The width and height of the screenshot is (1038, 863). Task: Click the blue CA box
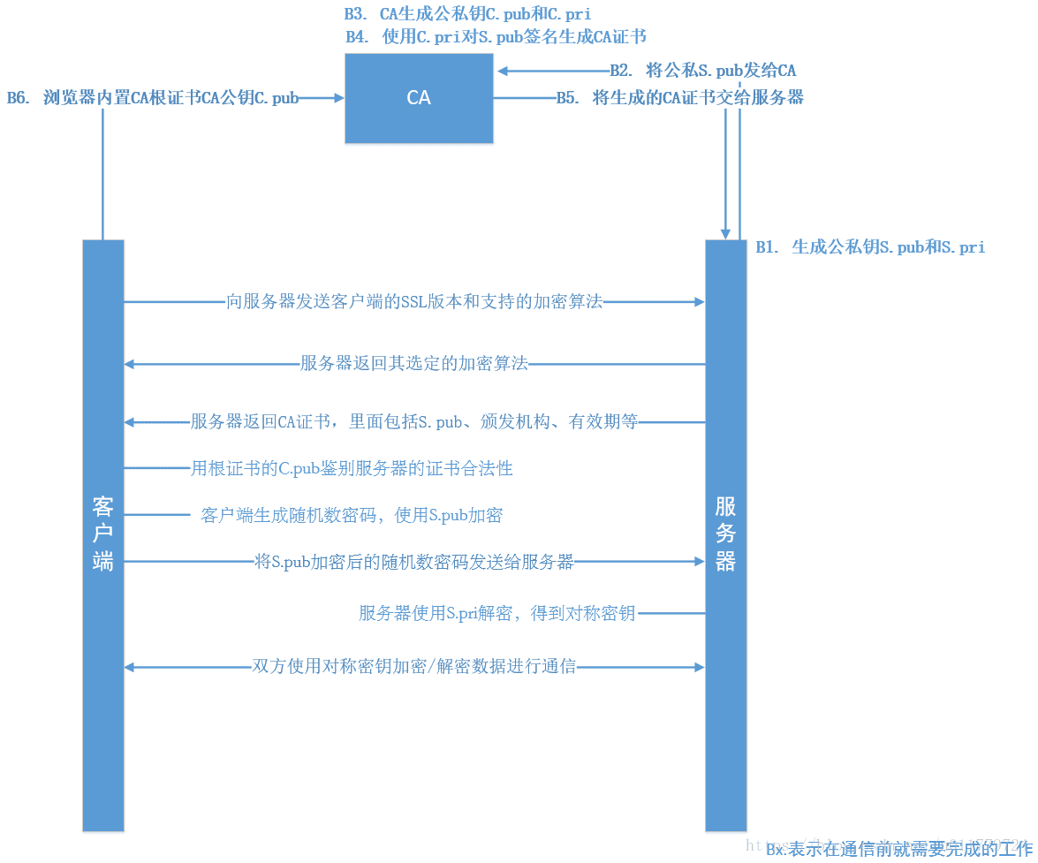419,98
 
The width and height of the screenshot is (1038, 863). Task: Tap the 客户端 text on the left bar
103,534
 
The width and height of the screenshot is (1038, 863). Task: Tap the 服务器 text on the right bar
725,534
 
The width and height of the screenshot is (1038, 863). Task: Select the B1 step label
870,248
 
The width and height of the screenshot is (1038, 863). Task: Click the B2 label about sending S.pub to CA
703,72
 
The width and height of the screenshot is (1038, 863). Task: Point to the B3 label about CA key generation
468,14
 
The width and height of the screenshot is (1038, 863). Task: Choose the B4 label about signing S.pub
496,37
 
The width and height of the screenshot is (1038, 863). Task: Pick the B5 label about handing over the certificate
679,98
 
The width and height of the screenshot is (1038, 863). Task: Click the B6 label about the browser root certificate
153,98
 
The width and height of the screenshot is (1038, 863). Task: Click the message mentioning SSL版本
414,302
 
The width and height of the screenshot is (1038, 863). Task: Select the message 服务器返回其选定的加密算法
414,363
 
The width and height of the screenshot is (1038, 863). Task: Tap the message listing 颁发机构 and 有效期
414,422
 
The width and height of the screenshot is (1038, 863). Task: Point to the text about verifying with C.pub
352,468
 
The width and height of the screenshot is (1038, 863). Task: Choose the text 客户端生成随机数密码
352,515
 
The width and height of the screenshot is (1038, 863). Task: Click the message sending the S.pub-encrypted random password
414,561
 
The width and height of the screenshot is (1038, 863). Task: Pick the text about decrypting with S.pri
496,613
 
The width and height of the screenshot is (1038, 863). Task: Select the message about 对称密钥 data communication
414,667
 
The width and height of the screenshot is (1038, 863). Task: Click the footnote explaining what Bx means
898,850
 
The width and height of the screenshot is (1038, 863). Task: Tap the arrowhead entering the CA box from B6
338,98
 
